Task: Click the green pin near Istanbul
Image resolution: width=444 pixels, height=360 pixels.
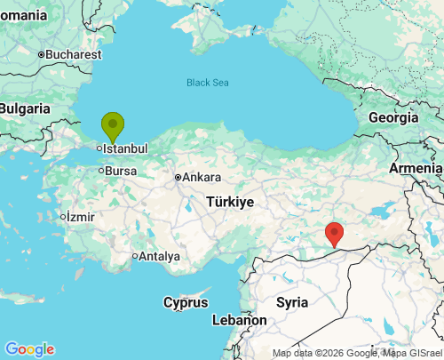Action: coord(113,125)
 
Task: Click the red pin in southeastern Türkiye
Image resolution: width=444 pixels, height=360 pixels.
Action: coord(335,233)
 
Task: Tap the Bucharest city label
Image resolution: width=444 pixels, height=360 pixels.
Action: coord(74,54)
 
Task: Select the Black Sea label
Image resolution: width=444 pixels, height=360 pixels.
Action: coord(207,83)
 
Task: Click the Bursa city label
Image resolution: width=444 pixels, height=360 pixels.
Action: coord(121,170)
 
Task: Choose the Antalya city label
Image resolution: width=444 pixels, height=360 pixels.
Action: coord(160,257)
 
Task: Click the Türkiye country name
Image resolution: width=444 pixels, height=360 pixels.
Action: coord(230,202)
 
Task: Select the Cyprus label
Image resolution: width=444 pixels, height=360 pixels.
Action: coord(186,302)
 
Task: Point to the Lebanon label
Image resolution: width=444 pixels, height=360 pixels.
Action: coord(239,320)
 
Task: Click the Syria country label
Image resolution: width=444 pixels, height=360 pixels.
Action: coord(292,302)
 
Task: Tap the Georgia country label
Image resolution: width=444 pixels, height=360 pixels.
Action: coord(393,117)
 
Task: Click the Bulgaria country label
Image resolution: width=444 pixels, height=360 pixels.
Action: coord(25,108)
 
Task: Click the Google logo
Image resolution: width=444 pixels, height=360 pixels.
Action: coord(29,349)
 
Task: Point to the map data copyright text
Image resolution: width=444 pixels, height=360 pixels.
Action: coord(355,353)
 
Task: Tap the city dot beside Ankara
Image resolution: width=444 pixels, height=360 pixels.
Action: coord(178,177)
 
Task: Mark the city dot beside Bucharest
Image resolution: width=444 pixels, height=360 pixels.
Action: coord(41,54)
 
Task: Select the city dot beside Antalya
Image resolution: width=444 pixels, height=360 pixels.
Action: coord(135,257)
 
